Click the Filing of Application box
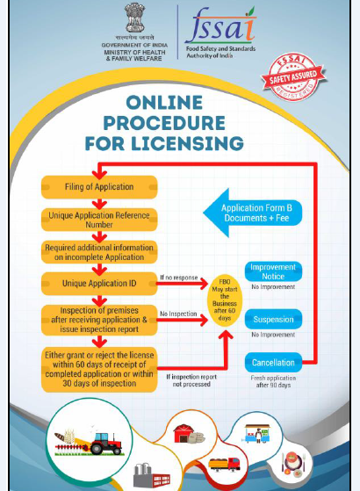click(x=99, y=187)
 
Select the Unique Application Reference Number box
click(x=99, y=220)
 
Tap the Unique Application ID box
click(x=99, y=284)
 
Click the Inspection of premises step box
click(x=99, y=320)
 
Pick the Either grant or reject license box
click(x=99, y=369)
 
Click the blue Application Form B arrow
click(x=253, y=213)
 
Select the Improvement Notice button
click(x=273, y=271)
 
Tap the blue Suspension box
click(x=273, y=319)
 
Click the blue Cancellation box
click(x=273, y=363)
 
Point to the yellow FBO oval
click(x=225, y=300)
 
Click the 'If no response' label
click(x=179, y=278)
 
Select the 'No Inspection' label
click(x=178, y=314)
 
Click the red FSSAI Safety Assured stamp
click(x=293, y=76)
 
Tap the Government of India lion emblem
click(x=134, y=18)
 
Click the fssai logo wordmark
click(x=220, y=26)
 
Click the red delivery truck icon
click(x=224, y=465)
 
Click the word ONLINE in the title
click(x=164, y=103)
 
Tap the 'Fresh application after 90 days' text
click(x=273, y=381)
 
